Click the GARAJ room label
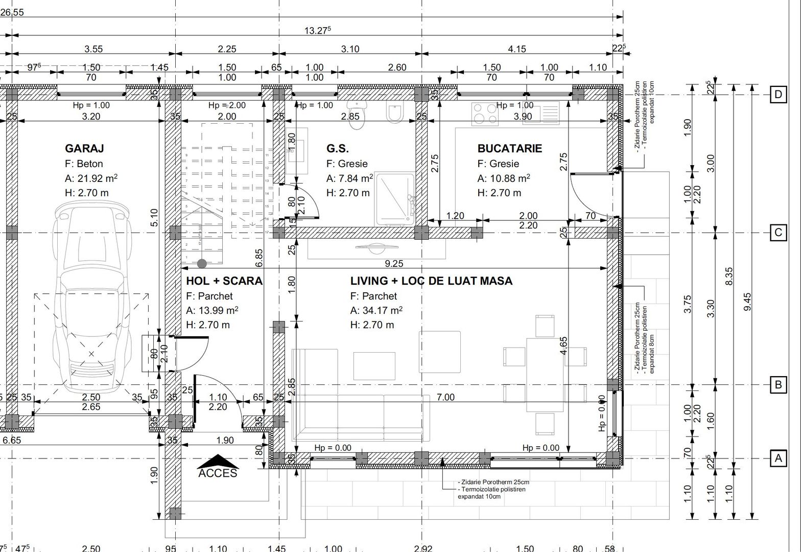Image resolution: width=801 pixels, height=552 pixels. (x=84, y=148)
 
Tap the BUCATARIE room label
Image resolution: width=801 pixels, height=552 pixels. (x=509, y=148)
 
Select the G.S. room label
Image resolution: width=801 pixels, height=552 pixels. (x=338, y=148)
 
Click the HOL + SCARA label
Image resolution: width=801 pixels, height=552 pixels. (x=224, y=281)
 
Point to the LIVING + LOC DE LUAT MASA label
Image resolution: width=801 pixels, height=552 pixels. (x=431, y=281)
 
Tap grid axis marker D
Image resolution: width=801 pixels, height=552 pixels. (x=778, y=95)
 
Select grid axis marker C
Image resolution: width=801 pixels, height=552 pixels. (x=778, y=233)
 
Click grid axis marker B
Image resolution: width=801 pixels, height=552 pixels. (x=778, y=384)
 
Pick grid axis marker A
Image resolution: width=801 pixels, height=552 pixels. (x=778, y=458)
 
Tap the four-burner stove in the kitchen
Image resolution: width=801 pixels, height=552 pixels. (x=485, y=114)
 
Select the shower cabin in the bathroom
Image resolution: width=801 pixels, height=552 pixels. (x=394, y=199)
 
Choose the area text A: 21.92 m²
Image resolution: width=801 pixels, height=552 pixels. (x=91, y=178)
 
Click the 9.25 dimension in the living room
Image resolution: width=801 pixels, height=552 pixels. (x=394, y=264)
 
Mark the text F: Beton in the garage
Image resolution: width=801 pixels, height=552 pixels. (x=84, y=164)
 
